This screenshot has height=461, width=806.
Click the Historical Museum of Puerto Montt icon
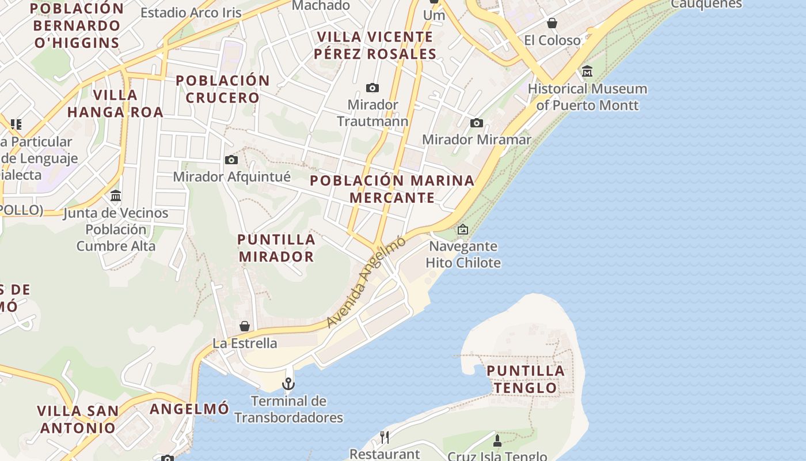587,72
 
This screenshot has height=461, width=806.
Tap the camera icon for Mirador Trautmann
372,88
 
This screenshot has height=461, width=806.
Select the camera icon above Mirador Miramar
477,123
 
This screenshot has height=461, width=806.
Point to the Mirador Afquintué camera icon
231,160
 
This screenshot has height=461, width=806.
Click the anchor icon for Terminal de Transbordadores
288,384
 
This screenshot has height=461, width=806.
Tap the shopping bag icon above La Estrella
245,326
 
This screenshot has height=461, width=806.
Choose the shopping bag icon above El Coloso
552,23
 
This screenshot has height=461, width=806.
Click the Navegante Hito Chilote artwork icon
463,229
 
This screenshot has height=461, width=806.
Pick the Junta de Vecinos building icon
116,196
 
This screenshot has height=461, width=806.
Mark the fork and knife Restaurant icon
385,437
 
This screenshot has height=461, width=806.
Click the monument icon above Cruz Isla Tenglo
497,441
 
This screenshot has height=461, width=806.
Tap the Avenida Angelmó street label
366,282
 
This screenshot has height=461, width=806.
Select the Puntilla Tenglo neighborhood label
526,379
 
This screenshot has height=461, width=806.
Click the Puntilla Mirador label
276,248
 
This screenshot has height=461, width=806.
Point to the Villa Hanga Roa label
115,103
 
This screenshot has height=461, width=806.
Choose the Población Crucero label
223,89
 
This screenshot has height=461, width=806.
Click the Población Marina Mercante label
392,189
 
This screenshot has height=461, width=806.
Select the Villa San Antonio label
78,420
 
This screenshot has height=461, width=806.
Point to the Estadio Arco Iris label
191,13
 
